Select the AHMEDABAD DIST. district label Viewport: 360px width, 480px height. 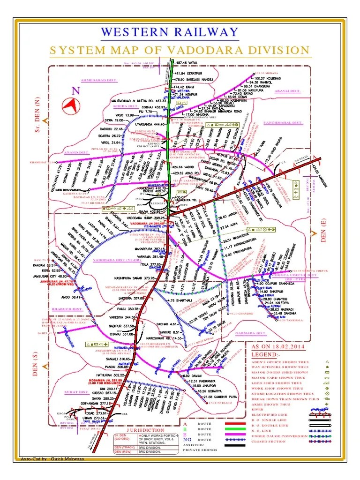(98, 80)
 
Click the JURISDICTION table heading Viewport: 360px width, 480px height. (145, 430)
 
